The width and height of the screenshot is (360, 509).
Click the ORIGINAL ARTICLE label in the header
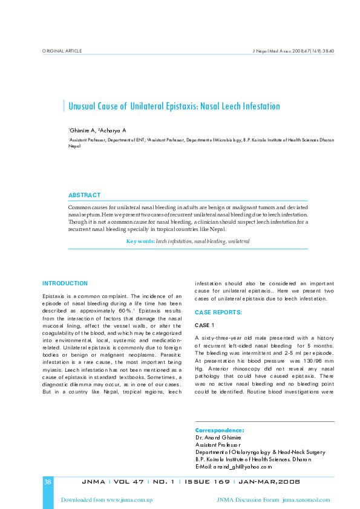[x=62, y=51]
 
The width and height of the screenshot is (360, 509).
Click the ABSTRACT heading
[x=84, y=195]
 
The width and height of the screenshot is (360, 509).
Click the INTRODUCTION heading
[x=65, y=283]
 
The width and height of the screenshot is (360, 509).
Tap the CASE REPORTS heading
[x=218, y=312]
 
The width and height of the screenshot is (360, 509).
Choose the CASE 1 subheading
[x=205, y=325]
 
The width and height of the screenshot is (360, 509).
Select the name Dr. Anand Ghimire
[x=218, y=437]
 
